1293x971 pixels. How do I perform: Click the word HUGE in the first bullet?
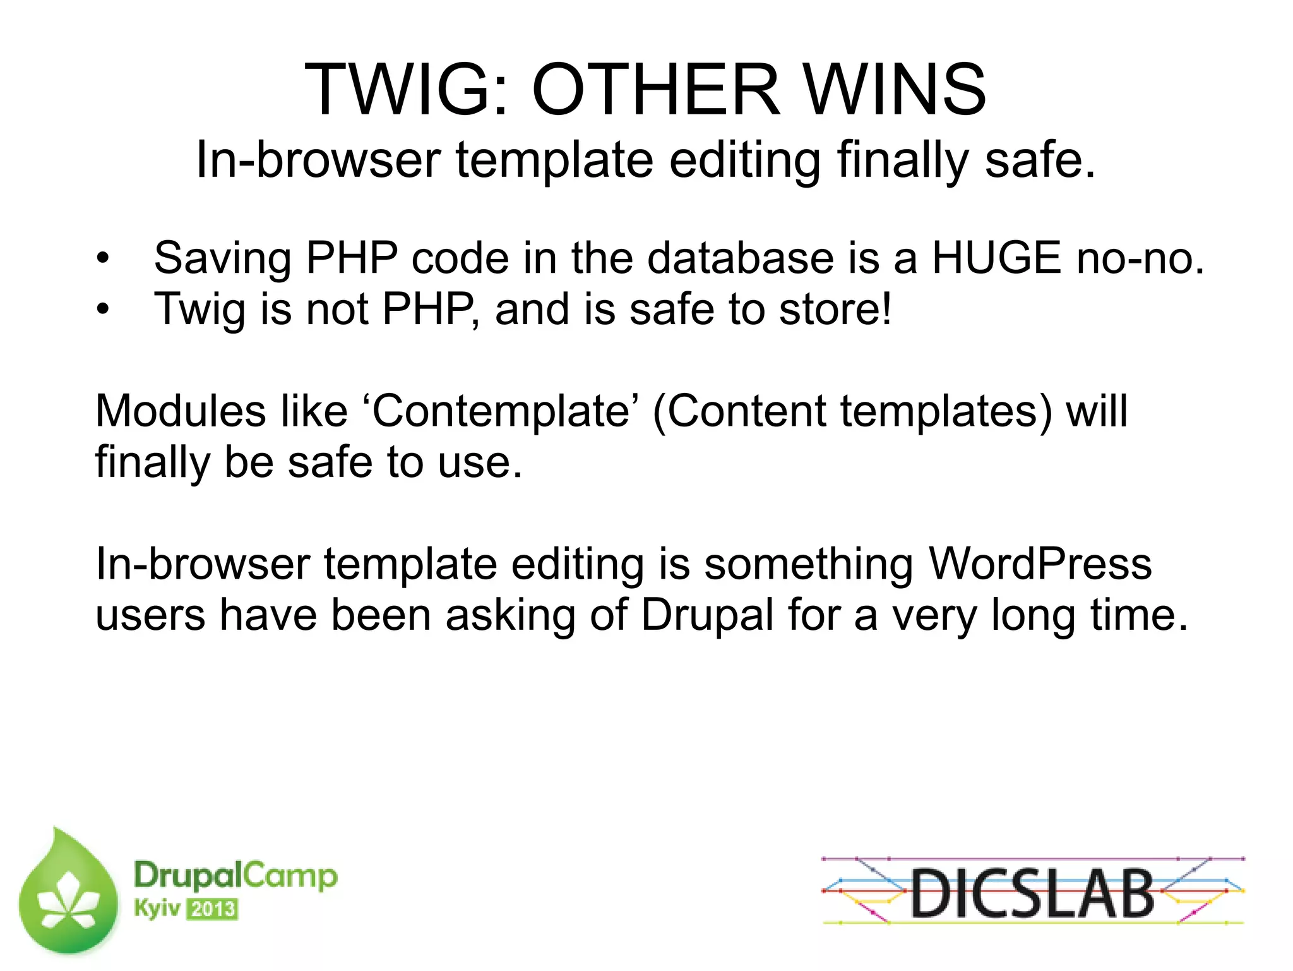996,258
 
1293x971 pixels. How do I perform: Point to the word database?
741,258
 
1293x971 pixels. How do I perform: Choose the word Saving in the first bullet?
222,258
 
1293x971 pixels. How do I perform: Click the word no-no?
1140,258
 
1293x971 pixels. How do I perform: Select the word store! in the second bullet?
835,310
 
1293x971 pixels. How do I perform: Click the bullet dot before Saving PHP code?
103,258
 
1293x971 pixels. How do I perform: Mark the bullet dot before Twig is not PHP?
103,310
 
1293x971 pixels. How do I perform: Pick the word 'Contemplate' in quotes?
501,411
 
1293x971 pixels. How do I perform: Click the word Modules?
180,411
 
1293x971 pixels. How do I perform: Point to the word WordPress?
1040,564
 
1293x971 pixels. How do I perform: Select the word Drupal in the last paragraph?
707,615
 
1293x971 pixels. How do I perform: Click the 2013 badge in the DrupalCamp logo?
213,910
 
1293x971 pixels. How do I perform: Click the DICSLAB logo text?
1032,893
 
